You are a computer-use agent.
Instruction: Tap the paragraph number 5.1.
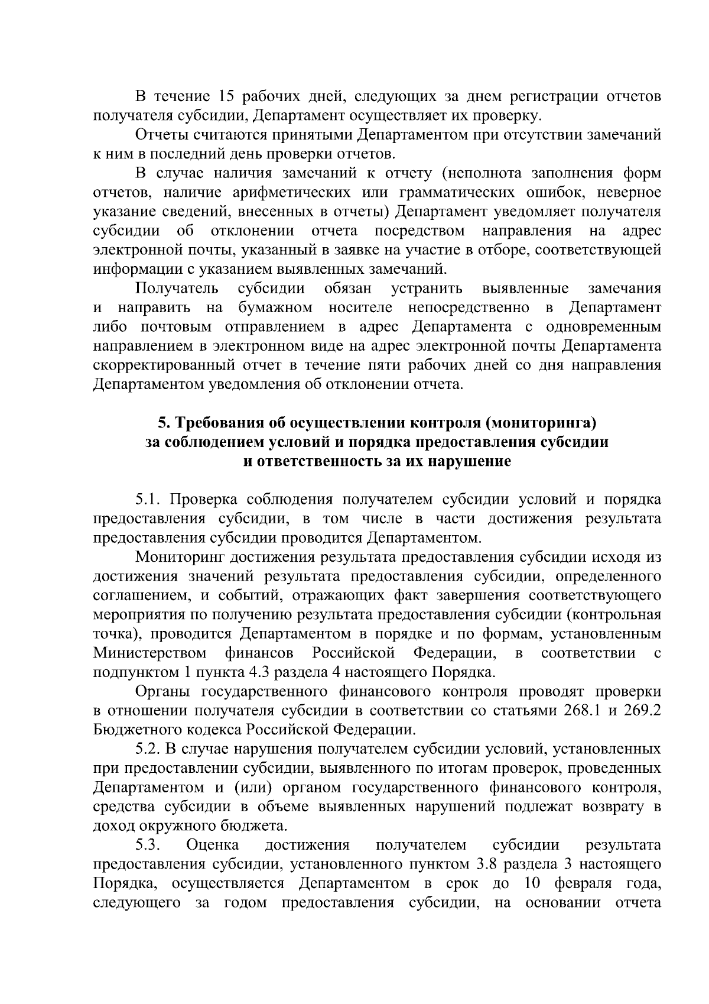148,500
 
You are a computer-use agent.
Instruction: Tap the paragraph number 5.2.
148,749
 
